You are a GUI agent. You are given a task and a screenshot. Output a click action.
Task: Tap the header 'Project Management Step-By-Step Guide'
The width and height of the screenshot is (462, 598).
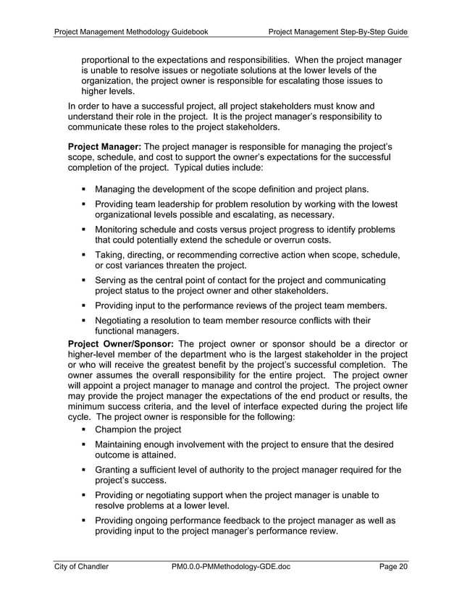click(338, 32)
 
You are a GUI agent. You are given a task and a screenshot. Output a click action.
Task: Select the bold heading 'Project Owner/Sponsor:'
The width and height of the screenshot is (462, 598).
click(120, 342)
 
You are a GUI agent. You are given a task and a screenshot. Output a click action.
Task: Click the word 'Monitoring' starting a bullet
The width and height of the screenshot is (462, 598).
click(119, 229)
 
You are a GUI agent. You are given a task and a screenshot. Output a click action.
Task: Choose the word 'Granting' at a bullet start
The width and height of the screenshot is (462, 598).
click(115, 471)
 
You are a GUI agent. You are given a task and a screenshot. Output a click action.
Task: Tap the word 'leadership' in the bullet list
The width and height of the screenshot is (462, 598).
click(199, 204)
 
